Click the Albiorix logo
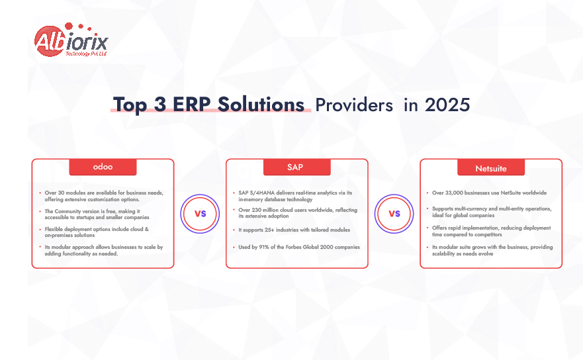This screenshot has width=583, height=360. pyautogui.click(x=71, y=40)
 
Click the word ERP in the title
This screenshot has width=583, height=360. pyautogui.click(x=192, y=105)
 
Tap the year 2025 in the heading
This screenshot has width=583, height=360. pyautogui.click(x=447, y=105)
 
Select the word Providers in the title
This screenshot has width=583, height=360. pyautogui.click(x=354, y=105)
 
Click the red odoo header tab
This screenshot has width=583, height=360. pyautogui.click(x=103, y=167)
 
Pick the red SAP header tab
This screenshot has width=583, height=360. pyautogui.click(x=296, y=167)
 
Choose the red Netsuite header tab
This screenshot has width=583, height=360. pyautogui.click(x=491, y=167)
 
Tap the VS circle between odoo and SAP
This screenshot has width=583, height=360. pyautogui.click(x=200, y=214)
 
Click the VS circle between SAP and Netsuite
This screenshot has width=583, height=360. pyautogui.click(x=394, y=214)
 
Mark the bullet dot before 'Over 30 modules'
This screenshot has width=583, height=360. pyautogui.click(x=40, y=193)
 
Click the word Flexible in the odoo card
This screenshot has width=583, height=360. pyautogui.click(x=54, y=229)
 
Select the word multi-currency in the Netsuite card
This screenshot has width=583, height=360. pyautogui.click(x=471, y=208)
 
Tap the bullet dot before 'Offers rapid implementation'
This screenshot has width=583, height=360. pyautogui.click(x=427, y=228)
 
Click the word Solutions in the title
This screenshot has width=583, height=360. pyautogui.click(x=261, y=105)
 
